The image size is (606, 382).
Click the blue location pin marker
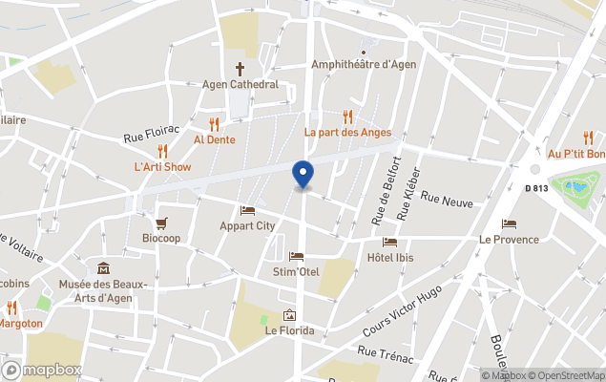tap(303, 174)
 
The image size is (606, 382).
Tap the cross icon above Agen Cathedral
tap(240, 69)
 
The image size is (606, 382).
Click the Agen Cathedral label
tap(240, 84)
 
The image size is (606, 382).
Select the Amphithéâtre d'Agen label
tap(363, 65)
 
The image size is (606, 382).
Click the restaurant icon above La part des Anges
tap(347, 117)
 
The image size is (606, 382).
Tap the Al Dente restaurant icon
tap(214, 124)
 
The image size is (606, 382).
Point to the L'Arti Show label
tap(162, 167)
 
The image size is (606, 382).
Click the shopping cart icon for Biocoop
tap(161, 223)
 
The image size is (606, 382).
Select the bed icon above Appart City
tap(247, 210)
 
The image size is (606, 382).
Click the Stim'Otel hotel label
tap(296, 272)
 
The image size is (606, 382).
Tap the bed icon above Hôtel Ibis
tap(389, 242)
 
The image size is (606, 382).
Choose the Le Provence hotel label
tap(509, 240)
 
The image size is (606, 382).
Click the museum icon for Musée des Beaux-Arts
tap(103, 268)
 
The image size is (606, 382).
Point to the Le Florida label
tap(289, 331)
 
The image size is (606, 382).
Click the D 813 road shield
tap(536, 187)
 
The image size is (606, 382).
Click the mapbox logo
tap(41, 370)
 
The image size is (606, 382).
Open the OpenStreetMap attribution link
tap(566, 375)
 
